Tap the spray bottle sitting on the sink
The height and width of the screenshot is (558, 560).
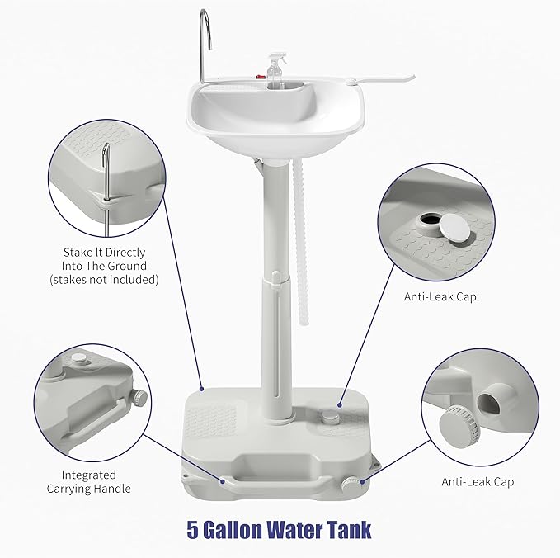click(274, 72)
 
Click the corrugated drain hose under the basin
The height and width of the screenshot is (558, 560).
click(300, 243)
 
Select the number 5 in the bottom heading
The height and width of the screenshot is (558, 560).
click(193, 530)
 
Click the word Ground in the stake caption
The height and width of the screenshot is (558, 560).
click(127, 266)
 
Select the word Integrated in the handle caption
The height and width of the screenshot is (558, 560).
click(88, 475)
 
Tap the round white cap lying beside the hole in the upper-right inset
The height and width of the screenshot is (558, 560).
click(454, 229)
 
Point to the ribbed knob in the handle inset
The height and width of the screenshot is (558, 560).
click(139, 398)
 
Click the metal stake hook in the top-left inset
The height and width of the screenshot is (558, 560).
click(106, 190)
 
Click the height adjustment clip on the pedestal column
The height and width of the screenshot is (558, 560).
click(275, 280)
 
